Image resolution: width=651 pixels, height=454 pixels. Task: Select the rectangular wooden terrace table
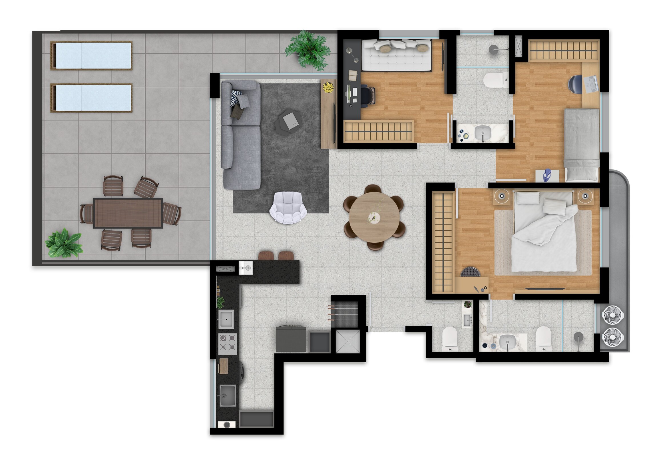point(128,213)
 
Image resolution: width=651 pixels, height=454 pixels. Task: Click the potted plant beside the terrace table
point(63,243)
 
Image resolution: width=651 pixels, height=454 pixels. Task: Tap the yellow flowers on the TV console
point(328,87)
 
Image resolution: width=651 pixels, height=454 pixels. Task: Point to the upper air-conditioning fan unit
point(613,315)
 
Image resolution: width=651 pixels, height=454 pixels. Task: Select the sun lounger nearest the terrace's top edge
point(91,55)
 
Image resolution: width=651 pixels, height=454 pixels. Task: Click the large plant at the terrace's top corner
point(308,50)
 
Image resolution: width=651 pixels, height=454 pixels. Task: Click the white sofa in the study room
point(396,55)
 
